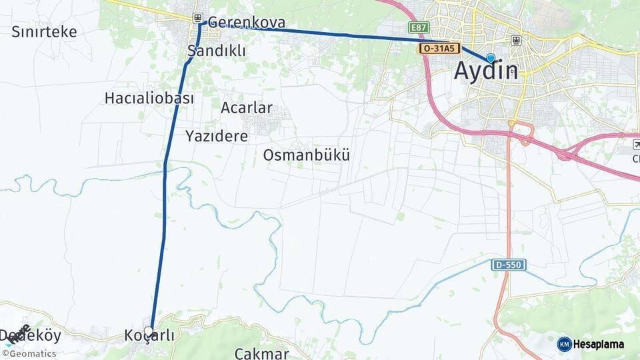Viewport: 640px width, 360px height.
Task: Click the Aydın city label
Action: coord(486,71)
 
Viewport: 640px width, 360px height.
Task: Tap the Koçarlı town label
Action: coord(149,336)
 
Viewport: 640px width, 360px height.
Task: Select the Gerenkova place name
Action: coord(247,22)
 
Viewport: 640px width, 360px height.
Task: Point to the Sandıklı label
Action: coord(217,51)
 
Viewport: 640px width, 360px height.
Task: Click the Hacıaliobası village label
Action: coord(149,98)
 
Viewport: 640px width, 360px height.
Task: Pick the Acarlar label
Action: coord(247,107)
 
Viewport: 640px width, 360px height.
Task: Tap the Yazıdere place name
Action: coord(217,136)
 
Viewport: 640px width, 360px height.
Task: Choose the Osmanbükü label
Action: coord(307,155)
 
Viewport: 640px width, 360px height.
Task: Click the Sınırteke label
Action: coord(44,31)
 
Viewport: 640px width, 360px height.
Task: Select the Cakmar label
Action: coord(261,353)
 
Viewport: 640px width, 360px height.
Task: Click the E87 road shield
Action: coord(419,27)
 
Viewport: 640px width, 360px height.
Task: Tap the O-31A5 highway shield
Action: coord(440,49)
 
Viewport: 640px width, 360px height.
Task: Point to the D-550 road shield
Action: coord(509,265)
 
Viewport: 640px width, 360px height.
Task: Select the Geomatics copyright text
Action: coord(30,354)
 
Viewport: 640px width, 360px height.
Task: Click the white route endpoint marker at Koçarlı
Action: coord(149,330)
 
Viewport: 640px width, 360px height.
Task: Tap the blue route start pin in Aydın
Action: coord(491,58)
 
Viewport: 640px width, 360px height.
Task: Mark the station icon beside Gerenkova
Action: coord(197,18)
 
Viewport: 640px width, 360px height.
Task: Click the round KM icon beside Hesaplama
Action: coord(564,344)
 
